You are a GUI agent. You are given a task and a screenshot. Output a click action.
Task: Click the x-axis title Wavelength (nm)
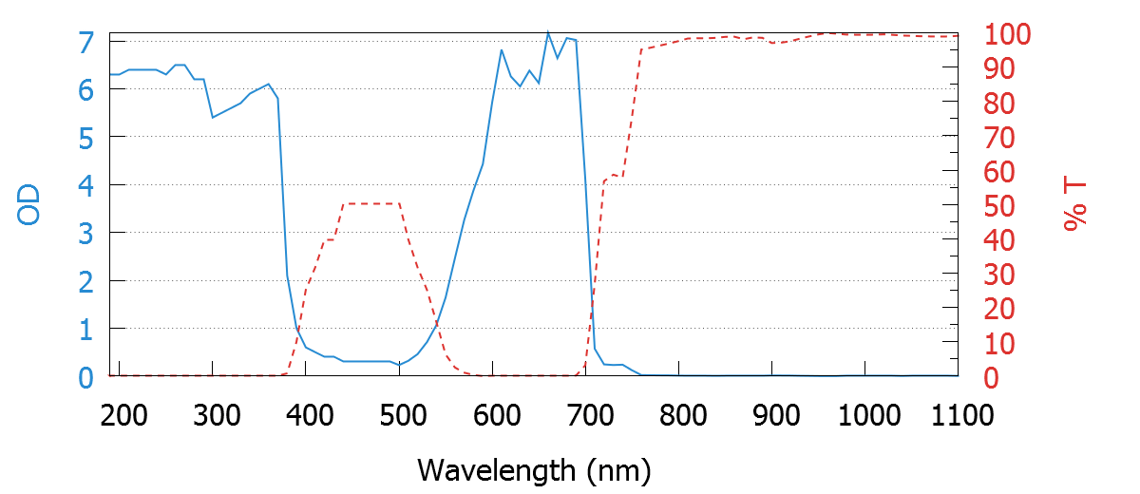(533, 468)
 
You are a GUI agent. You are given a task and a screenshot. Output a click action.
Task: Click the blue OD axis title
(29, 205)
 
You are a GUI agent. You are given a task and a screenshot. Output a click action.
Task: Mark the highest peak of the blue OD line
(548, 32)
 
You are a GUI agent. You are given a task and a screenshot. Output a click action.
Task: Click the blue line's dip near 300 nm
(213, 117)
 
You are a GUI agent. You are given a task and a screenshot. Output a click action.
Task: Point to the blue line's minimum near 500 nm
(399, 365)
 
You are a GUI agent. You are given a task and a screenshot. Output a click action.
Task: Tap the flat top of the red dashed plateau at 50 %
(370, 203)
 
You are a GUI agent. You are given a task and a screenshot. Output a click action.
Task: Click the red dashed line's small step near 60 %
(614, 176)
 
